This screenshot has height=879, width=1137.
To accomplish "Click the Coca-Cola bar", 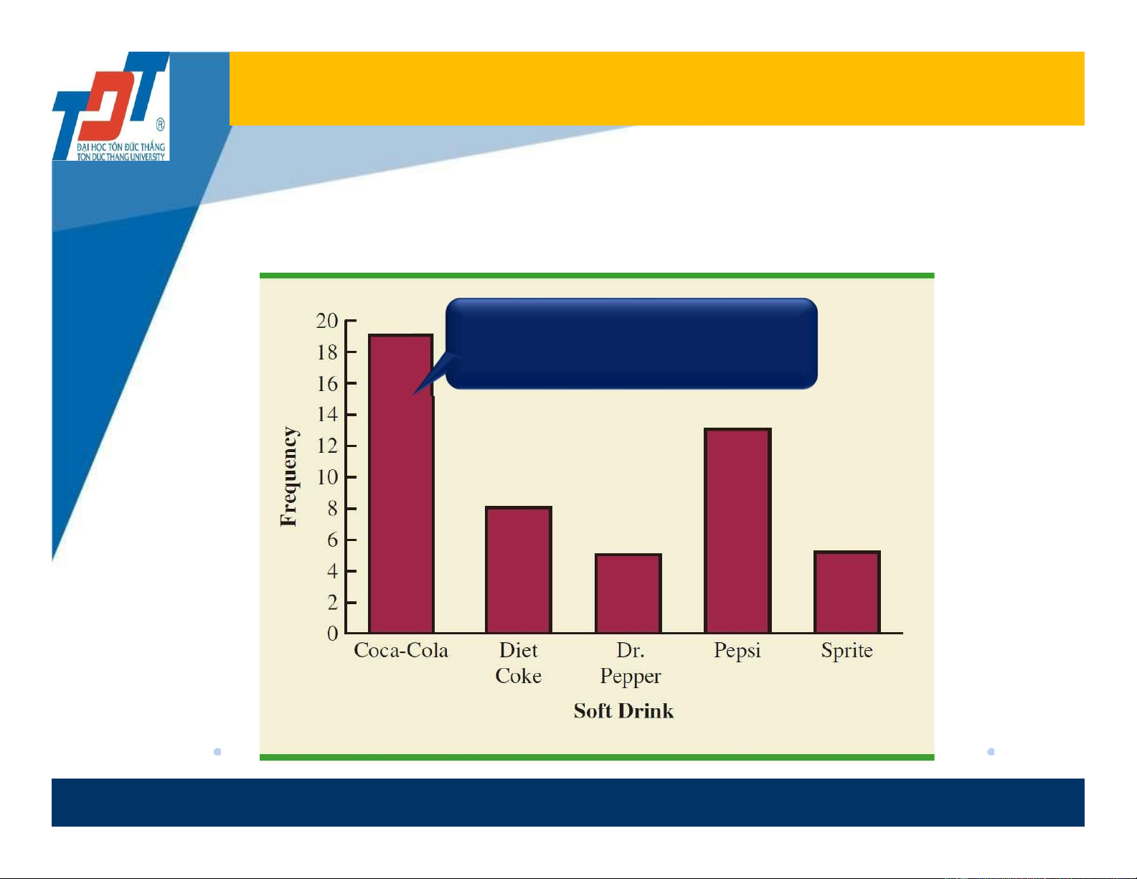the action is point(401,484).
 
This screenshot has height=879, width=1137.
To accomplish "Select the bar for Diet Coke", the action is point(519,570).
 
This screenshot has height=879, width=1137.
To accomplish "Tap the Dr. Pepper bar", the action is point(628,593).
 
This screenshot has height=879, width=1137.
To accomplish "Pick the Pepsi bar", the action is point(737,530).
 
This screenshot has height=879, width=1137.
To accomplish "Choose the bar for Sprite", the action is point(846,592).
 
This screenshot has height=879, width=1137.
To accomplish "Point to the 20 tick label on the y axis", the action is point(327,321).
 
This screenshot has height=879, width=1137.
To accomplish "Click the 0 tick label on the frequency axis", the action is point(333,634).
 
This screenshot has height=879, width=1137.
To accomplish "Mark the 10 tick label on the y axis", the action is point(327,477).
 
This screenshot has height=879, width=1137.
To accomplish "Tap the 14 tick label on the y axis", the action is point(327,415).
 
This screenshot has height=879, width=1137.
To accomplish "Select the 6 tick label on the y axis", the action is point(333,540).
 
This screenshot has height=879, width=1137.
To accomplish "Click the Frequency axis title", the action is point(289,476).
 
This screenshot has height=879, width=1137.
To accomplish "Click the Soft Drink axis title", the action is point(623,710).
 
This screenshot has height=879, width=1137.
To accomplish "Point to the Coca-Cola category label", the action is point(401,650).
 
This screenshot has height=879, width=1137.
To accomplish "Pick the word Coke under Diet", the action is point(519,676).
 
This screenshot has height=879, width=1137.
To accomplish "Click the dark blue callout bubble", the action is point(631,344).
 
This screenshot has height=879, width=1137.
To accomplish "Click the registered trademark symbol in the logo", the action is point(161,125).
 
